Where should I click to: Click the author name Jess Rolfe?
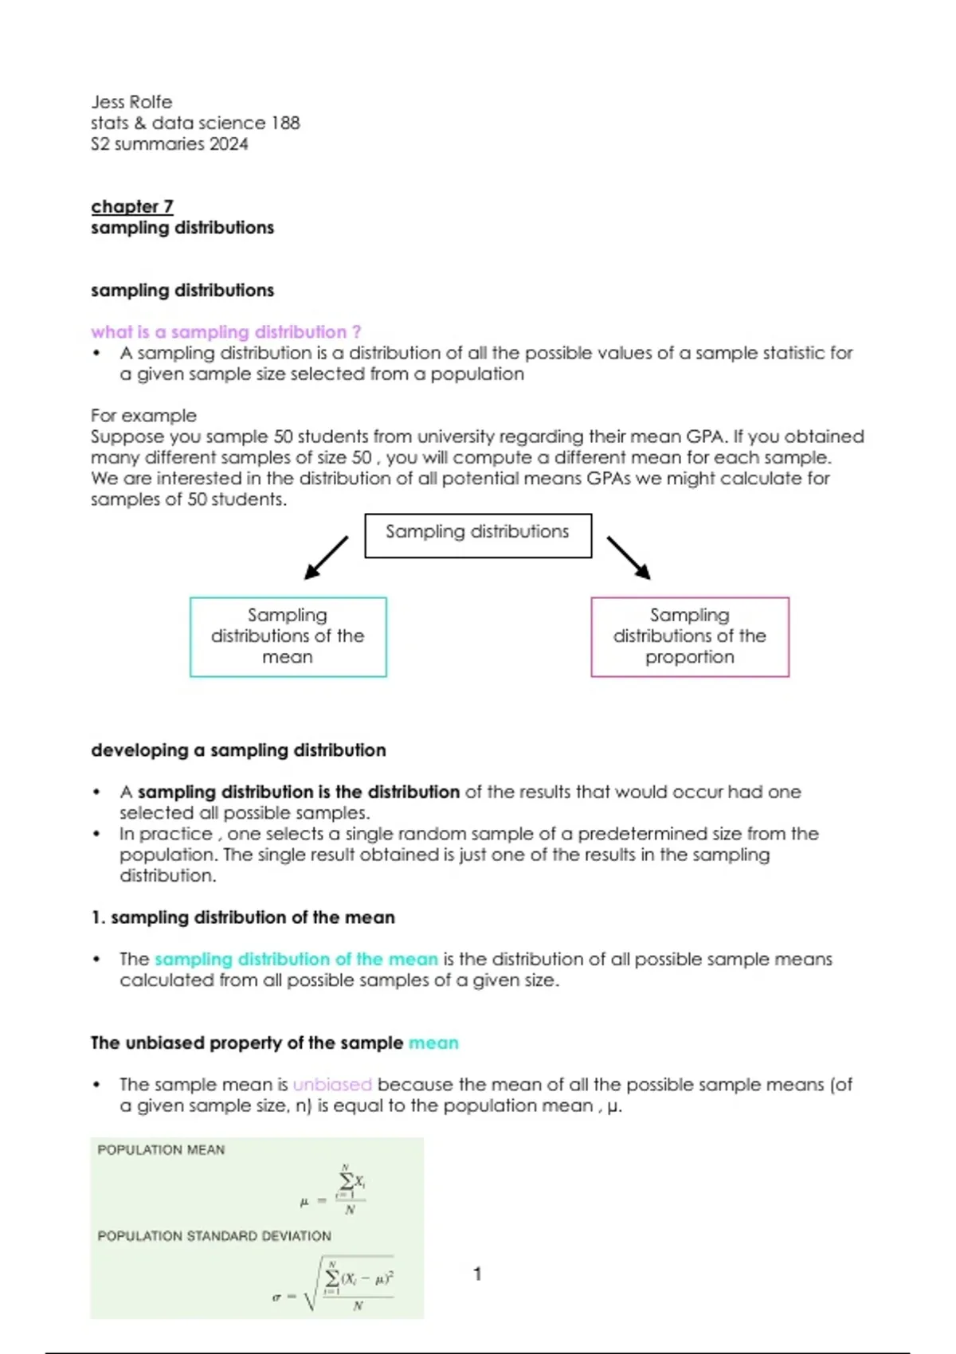(131, 102)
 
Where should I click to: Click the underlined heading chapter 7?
(131, 206)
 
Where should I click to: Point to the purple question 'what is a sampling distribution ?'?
(225, 332)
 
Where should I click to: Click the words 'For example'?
(143, 416)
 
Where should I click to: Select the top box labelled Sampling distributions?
(478, 535)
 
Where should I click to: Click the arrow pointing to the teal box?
(327, 557)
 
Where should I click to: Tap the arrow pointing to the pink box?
(629, 557)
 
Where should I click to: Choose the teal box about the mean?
(288, 636)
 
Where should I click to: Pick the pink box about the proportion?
(690, 636)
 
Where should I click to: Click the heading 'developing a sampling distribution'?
(238, 750)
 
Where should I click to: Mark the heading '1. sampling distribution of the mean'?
(243, 918)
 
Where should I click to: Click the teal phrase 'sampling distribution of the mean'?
(296, 959)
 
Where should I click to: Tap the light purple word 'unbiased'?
(332, 1085)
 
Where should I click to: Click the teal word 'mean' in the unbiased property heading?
(433, 1043)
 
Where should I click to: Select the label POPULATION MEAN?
(161, 1150)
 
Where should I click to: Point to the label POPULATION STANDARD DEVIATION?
(214, 1236)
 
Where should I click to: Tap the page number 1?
(477, 1274)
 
